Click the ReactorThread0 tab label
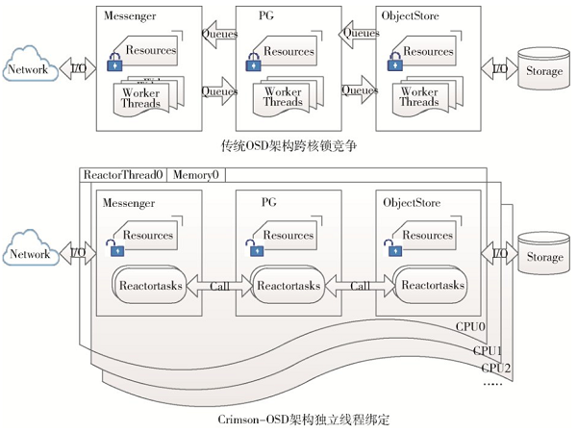pyautogui.click(x=124, y=175)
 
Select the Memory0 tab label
pyautogui.click(x=195, y=175)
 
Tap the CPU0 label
pyautogui.click(x=470, y=326)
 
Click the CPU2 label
pyautogui.click(x=496, y=368)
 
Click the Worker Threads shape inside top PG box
pyautogui.click(x=282, y=97)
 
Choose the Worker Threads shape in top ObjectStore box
pyautogui.click(x=419, y=97)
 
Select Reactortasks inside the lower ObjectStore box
pyautogui.click(x=432, y=286)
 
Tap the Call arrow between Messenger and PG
pyautogui.click(x=218, y=286)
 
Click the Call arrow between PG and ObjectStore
pyautogui.click(x=361, y=286)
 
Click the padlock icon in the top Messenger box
pyautogui.click(x=114, y=65)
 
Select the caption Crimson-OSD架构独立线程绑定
pyautogui.click(x=288, y=420)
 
